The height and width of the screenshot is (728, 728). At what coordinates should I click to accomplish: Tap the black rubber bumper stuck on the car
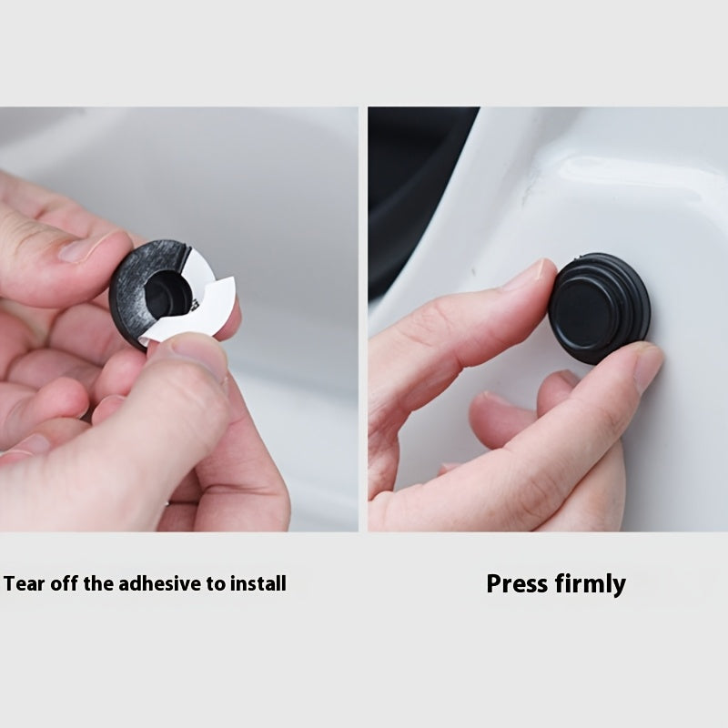[599, 308]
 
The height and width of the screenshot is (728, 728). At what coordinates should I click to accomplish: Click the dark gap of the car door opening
[409, 186]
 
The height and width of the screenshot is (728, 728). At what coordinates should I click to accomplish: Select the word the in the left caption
[99, 583]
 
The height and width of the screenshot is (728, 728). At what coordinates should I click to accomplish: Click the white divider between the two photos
[363, 319]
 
